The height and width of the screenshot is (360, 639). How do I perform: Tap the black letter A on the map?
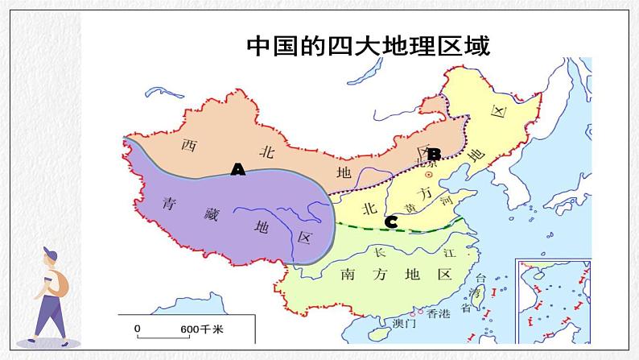click(x=237, y=169)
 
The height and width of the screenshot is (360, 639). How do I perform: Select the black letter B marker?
click(x=434, y=154)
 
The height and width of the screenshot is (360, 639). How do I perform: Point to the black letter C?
click(x=391, y=221)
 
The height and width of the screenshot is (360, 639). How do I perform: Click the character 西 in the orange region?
click(x=188, y=146)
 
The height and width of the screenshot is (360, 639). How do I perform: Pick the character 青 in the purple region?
click(x=168, y=203)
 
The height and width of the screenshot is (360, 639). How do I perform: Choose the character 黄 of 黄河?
click(x=412, y=209)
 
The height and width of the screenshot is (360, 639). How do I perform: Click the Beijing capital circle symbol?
click(x=429, y=174)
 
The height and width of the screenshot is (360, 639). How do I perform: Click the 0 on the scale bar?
click(x=137, y=329)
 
